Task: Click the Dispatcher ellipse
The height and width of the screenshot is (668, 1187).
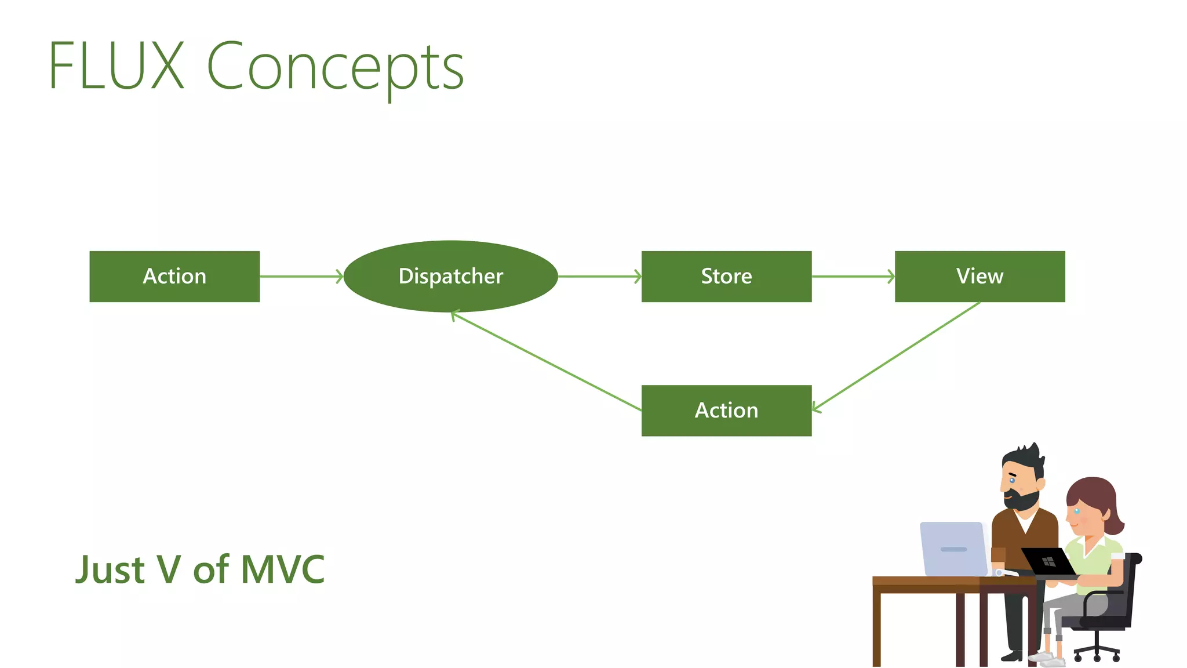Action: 450,276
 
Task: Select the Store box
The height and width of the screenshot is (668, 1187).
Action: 726,276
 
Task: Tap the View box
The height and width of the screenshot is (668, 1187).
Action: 980,276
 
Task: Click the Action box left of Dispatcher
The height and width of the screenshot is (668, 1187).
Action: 174,276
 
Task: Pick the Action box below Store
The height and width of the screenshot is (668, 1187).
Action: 726,410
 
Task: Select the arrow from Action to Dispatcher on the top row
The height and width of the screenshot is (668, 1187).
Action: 301,277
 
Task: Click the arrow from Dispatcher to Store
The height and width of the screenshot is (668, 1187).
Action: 599,277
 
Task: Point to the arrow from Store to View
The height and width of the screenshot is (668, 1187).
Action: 853,277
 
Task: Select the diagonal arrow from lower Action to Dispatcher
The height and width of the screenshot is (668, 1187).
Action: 546,361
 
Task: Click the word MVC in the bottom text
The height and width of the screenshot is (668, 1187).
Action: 282,569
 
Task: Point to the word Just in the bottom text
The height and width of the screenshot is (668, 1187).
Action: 110,569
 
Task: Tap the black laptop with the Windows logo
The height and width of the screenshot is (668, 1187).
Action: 1047,561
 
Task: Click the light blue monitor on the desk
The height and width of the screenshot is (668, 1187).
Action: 953,549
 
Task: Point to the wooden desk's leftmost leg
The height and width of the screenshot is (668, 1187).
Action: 876,629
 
